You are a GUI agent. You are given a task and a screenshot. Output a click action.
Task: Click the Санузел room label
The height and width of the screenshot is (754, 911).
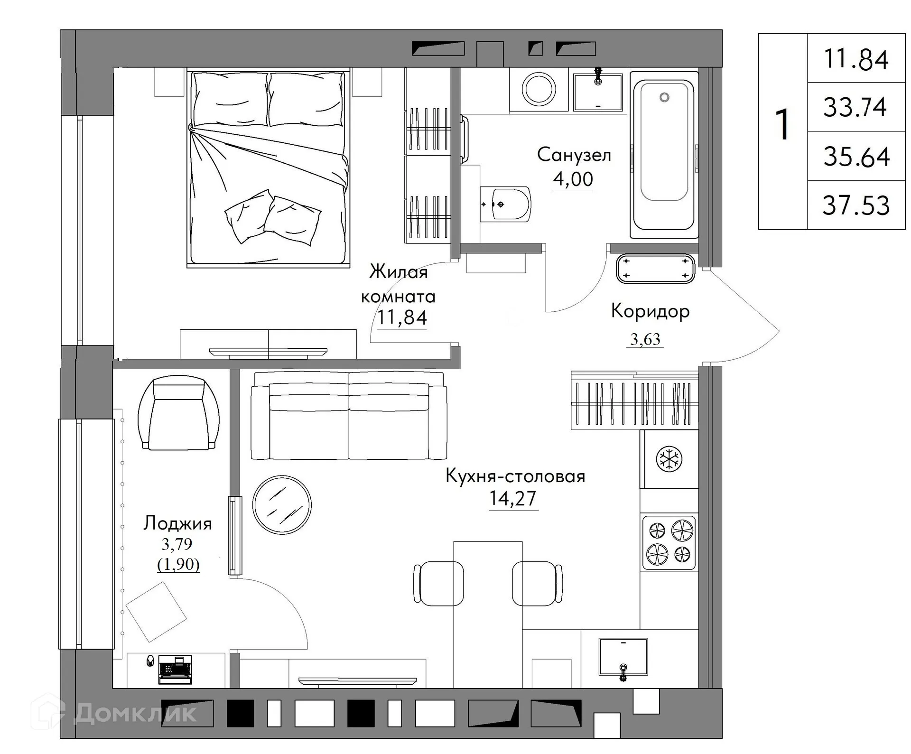pyautogui.click(x=574, y=155)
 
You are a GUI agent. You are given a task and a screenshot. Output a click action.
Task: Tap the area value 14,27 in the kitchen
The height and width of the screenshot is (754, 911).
pyautogui.click(x=512, y=498)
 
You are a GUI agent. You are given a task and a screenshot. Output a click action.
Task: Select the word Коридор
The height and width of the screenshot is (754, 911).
pyautogui.click(x=650, y=311)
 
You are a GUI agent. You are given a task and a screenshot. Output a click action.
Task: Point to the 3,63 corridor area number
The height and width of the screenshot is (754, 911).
pyautogui.click(x=645, y=339)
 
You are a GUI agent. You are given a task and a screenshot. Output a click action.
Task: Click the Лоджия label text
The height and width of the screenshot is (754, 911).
pyautogui.click(x=177, y=523)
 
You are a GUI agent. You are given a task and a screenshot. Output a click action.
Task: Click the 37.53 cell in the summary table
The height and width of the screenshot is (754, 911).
pyautogui.click(x=856, y=205)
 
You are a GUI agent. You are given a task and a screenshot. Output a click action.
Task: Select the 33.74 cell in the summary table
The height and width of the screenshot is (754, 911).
pyautogui.click(x=855, y=107)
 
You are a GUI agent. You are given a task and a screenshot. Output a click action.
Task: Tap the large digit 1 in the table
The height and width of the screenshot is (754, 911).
pyautogui.click(x=782, y=124)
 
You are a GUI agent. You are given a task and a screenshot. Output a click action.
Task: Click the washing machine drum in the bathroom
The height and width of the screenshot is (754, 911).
pyautogui.click(x=539, y=89)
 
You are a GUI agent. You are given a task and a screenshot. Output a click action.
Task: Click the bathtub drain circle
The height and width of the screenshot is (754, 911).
pyautogui.click(x=664, y=97)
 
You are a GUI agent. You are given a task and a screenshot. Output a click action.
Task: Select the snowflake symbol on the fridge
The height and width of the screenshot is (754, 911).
pyautogui.click(x=669, y=459)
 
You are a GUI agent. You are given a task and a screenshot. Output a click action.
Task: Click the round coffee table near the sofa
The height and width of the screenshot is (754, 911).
pyautogui.click(x=282, y=504)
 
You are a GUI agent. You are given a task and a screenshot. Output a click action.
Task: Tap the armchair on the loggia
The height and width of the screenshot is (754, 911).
pyautogui.click(x=178, y=413)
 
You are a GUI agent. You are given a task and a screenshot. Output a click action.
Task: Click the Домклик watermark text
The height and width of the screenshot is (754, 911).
pyautogui.click(x=135, y=713)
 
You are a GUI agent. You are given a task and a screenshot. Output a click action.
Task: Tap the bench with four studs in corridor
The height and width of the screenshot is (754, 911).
pyautogui.click(x=655, y=269)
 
